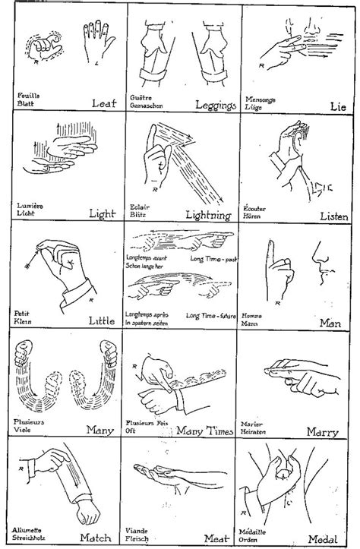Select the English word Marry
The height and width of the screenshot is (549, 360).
point(322,432)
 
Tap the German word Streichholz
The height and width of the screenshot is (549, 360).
point(34,538)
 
